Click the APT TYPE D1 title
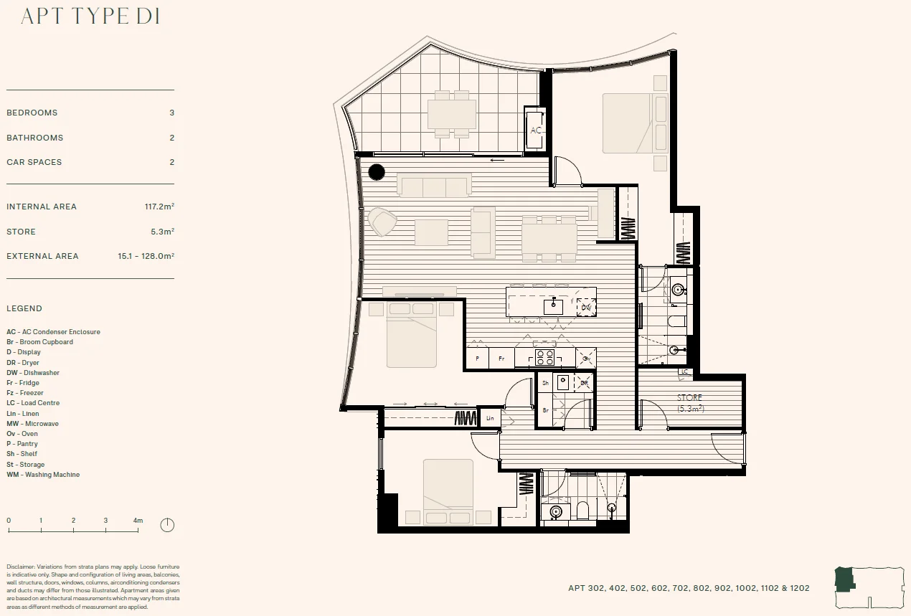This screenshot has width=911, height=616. pyautogui.click(x=90, y=16)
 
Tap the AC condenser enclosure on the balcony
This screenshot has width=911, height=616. pyautogui.click(x=535, y=130)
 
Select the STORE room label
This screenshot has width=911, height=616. pyautogui.click(x=689, y=397)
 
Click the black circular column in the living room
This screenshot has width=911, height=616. pyautogui.click(x=377, y=172)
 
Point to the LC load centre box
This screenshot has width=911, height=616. pyautogui.click(x=684, y=371)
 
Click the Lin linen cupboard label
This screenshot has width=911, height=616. pyautogui.click(x=491, y=418)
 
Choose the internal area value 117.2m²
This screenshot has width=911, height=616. pyautogui.click(x=159, y=207)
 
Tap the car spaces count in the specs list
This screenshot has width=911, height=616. pyautogui.click(x=171, y=162)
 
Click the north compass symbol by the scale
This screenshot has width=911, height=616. pyautogui.click(x=167, y=525)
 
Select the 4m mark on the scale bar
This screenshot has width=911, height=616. pyautogui.click(x=138, y=521)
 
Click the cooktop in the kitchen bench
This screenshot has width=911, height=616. pyautogui.click(x=544, y=357)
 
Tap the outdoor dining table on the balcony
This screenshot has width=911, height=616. pyautogui.click(x=452, y=114)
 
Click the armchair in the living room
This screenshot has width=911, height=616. pyautogui.click(x=382, y=222)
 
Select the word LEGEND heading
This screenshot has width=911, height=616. pyautogui.click(x=24, y=308)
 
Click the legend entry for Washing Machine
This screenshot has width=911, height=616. pyautogui.click(x=43, y=475)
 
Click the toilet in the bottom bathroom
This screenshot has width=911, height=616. pyautogui.click(x=582, y=510)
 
